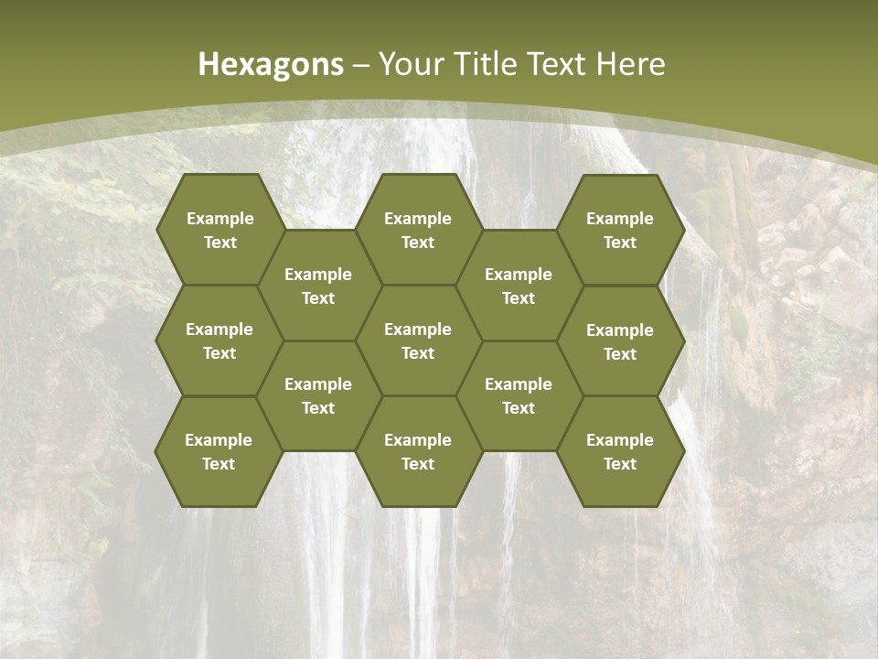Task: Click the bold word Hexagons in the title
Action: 271,64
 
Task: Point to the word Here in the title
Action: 630,64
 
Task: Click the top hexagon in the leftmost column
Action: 219,230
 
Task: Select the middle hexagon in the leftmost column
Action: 219,340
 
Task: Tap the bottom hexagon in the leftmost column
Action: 219,451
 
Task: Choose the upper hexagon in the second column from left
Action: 318,286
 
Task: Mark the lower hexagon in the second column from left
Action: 318,395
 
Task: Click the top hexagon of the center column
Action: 418,230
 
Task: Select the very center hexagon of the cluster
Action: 418,340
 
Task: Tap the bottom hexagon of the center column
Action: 418,451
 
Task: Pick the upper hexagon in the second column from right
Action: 519,286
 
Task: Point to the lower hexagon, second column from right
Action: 519,395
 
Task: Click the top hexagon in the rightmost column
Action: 620,230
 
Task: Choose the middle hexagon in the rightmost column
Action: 620,341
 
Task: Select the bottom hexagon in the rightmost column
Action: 620,451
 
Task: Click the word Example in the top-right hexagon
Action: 620,219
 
